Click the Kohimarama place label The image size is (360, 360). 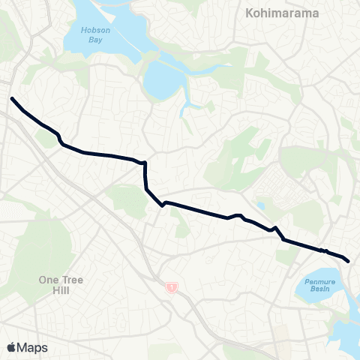tap(282, 13)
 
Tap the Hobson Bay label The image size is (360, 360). tap(97, 35)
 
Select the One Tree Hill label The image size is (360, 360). tap(61, 285)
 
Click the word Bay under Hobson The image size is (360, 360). tap(97, 40)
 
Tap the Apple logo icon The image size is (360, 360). tap(11, 347)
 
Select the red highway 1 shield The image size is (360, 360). tap(172, 287)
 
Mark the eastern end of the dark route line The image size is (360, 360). tap(349, 261)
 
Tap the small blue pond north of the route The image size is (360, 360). tap(260, 205)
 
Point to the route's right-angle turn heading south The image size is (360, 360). tap(144, 162)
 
